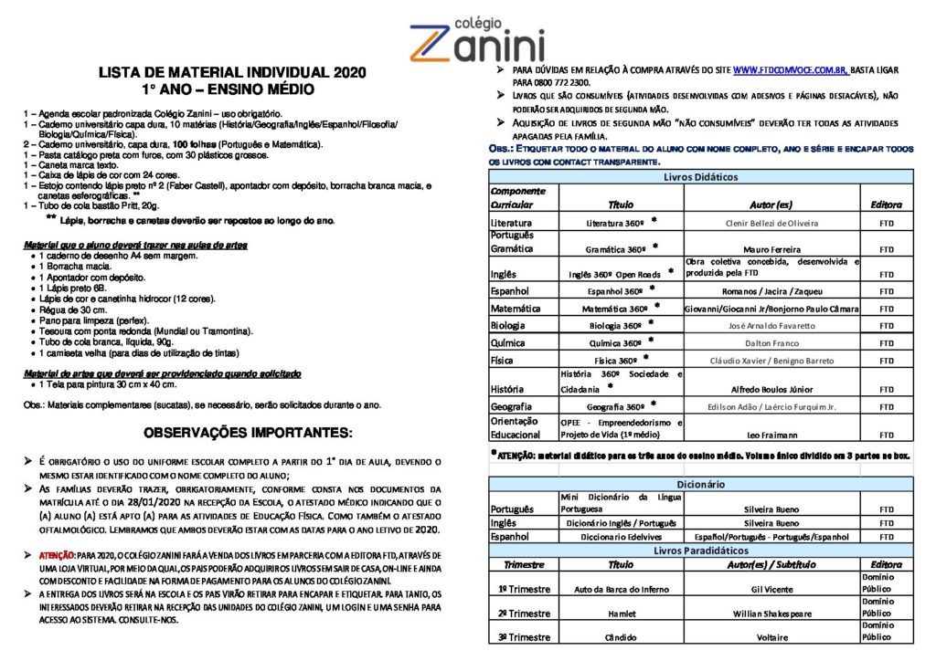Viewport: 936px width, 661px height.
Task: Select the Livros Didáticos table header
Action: pyautogui.click(x=700, y=176)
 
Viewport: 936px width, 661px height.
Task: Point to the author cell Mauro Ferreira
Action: pyautogui.click(x=772, y=249)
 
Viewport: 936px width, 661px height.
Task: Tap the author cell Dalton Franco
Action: pyautogui.click(x=772, y=343)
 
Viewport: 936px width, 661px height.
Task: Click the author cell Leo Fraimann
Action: pyautogui.click(x=772, y=435)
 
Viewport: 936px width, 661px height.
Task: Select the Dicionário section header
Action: pyautogui.click(x=700, y=483)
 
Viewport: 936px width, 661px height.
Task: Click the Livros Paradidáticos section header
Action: pyautogui.click(x=700, y=551)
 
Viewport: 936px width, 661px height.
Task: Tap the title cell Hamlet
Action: pyautogui.click(x=620, y=614)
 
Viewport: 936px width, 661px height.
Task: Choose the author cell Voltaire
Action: pyautogui.click(x=772, y=637)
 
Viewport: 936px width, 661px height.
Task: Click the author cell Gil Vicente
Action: pyautogui.click(x=772, y=590)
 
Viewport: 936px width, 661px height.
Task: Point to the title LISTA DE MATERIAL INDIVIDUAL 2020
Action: pyautogui.click(x=231, y=73)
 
